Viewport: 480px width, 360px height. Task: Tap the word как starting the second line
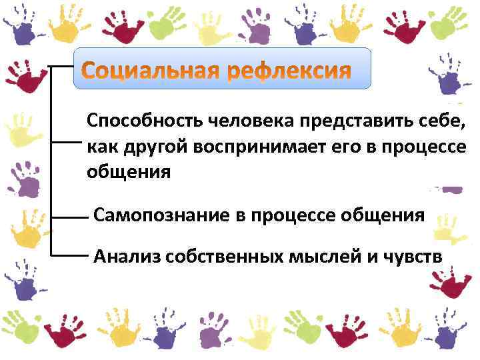[x=100, y=147]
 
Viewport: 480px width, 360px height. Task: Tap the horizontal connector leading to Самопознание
[x=71, y=217]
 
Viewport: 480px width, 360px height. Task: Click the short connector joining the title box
[x=61, y=67]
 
